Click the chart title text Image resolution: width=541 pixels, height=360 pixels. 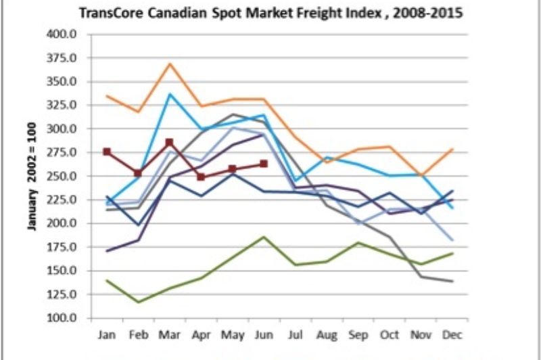click(270, 13)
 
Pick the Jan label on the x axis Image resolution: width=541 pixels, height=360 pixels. click(108, 335)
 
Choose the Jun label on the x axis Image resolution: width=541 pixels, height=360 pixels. click(264, 335)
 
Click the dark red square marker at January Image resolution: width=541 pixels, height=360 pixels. click(107, 152)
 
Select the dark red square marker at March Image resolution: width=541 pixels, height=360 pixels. click(169, 143)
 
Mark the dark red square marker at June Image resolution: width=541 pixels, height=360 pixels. click(264, 164)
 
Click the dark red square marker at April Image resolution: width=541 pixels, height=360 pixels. click(201, 177)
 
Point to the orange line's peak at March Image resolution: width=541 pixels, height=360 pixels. click(170, 64)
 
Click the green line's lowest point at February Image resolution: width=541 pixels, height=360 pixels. click(138, 302)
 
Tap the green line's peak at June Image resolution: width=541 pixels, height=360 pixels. click(264, 237)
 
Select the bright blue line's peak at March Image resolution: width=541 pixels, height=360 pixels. click(170, 93)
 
